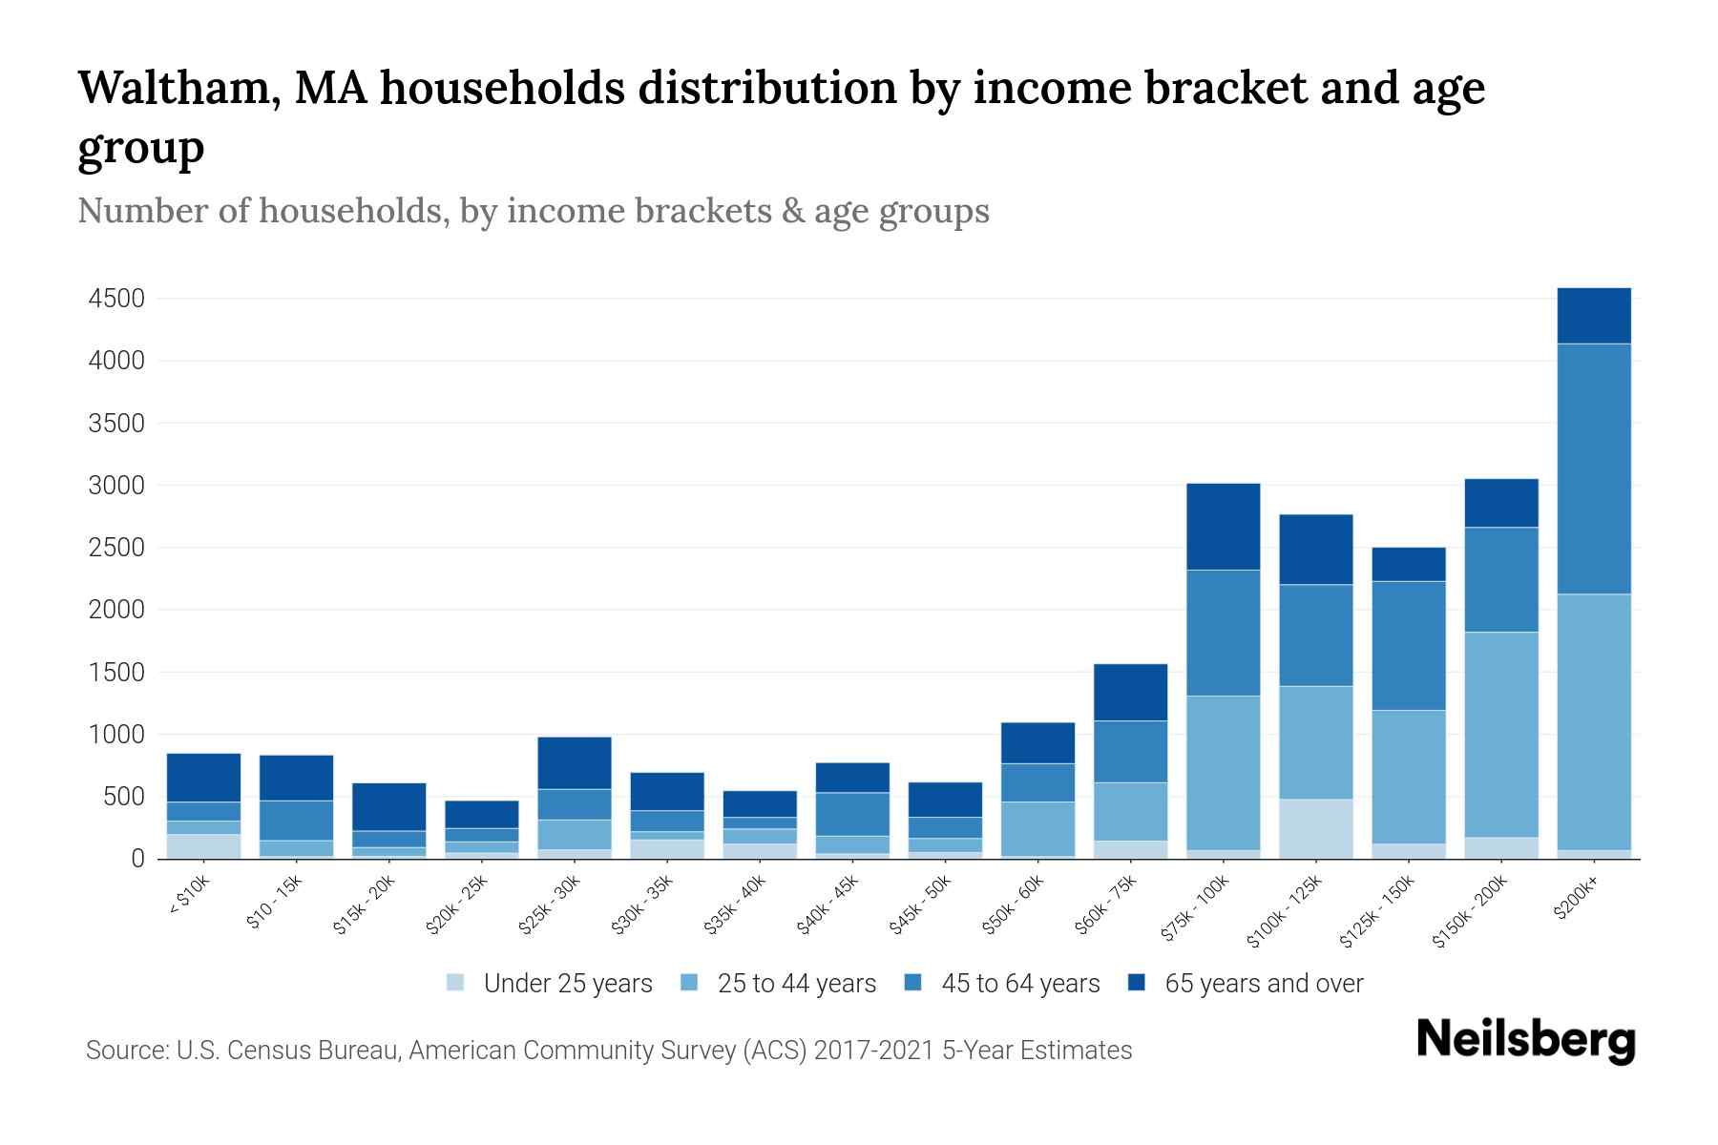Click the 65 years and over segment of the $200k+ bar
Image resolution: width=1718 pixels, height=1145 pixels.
point(1594,316)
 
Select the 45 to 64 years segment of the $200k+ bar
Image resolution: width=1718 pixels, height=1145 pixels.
point(1594,468)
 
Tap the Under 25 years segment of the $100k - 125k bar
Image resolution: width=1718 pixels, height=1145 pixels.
point(1316,828)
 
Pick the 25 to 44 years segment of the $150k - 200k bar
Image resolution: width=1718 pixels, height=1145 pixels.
point(1501,735)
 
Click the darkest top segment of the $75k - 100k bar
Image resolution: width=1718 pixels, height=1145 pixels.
point(1223,527)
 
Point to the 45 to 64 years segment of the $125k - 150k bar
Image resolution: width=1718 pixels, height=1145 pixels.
point(1409,646)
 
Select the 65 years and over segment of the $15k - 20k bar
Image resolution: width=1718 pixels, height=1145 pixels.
point(389,807)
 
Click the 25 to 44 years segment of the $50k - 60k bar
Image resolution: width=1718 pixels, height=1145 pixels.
point(1037,828)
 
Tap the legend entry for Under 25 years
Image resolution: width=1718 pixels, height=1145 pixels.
point(567,984)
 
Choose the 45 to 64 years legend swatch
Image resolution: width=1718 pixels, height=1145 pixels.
point(913,983)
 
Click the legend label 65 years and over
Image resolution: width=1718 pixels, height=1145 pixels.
point(1263,984)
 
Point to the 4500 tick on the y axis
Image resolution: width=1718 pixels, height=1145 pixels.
point(116,299)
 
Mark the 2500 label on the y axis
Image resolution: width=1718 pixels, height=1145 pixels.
point(116,548)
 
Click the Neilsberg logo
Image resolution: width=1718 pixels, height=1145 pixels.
point(1525,1040)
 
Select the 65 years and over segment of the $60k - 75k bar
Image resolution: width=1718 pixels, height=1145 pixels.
point(1130,692)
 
